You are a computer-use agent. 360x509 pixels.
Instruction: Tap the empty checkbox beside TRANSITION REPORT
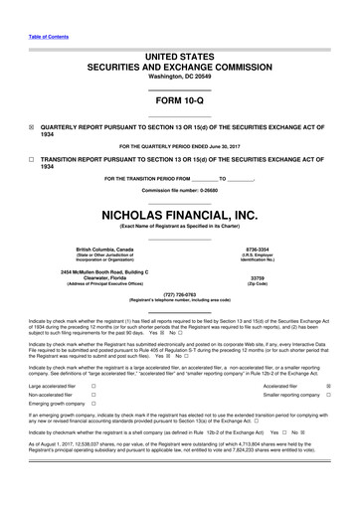click(x=31, y=159)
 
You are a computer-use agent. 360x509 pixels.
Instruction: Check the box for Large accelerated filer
click(x=92, y=385)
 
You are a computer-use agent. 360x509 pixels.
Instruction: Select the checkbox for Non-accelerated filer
click(x=92, y=395)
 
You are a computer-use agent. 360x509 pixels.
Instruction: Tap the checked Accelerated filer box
click(x=329, y=385)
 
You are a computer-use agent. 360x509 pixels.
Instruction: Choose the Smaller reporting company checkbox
click(x=329, y=395)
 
